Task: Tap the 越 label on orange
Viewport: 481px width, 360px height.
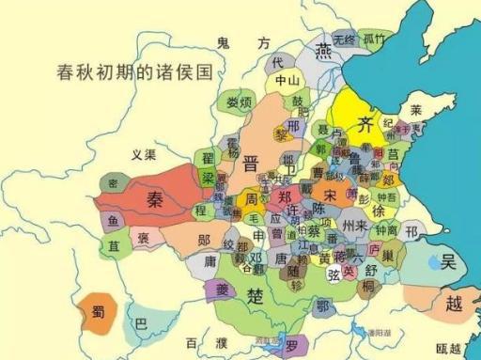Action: point(454,304)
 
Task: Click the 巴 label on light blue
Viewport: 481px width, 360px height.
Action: point(143,324)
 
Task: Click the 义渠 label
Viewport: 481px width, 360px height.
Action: point(144,154)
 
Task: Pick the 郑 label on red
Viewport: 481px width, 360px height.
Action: point(285,196)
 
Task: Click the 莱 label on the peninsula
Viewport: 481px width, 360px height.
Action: point(416,111)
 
